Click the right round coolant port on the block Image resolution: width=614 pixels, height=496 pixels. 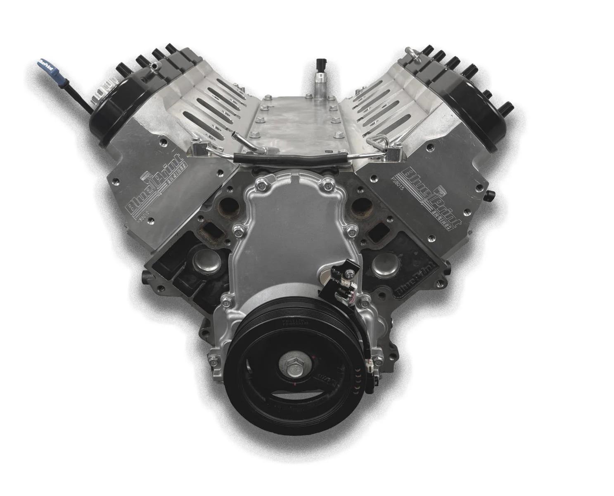coord(362,205)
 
